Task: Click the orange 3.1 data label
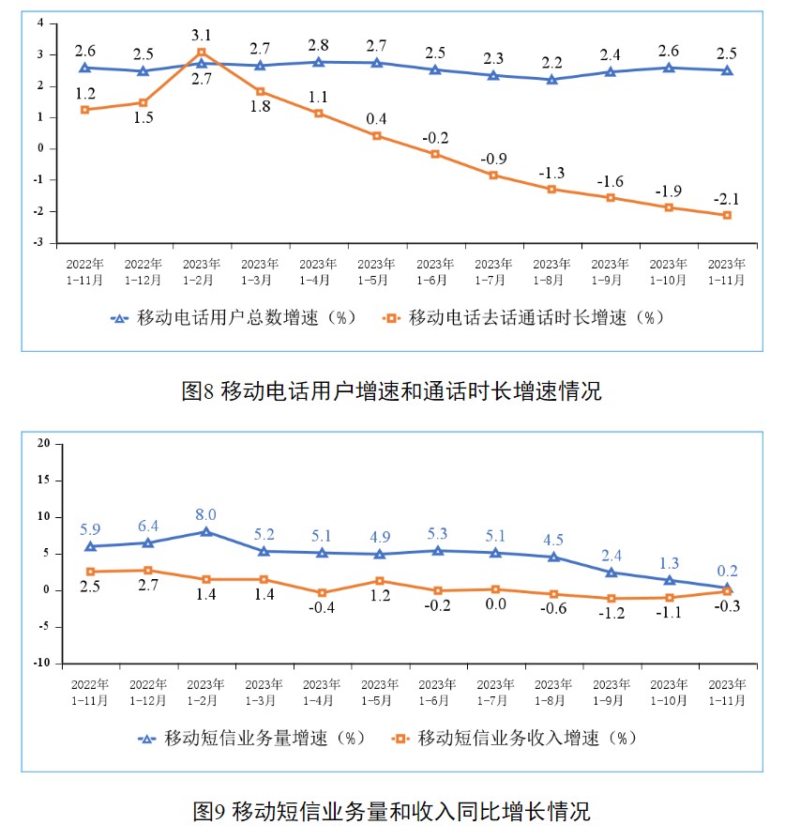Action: tap(201, 36)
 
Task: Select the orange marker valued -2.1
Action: tap(727, 215)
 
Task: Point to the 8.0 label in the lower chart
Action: tap(205, 514)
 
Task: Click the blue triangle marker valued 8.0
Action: tap(205, 531)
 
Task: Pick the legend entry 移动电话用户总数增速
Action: tap(234, 317)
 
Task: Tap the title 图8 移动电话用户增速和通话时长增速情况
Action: tap(391, 391)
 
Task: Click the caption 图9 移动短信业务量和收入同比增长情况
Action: tap(391, 810)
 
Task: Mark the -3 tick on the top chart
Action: tap(39, 242)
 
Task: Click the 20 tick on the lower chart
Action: tap(42, 443)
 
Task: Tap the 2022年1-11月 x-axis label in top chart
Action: tap(84, 272)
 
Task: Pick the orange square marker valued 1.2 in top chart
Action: tap(84, 110)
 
